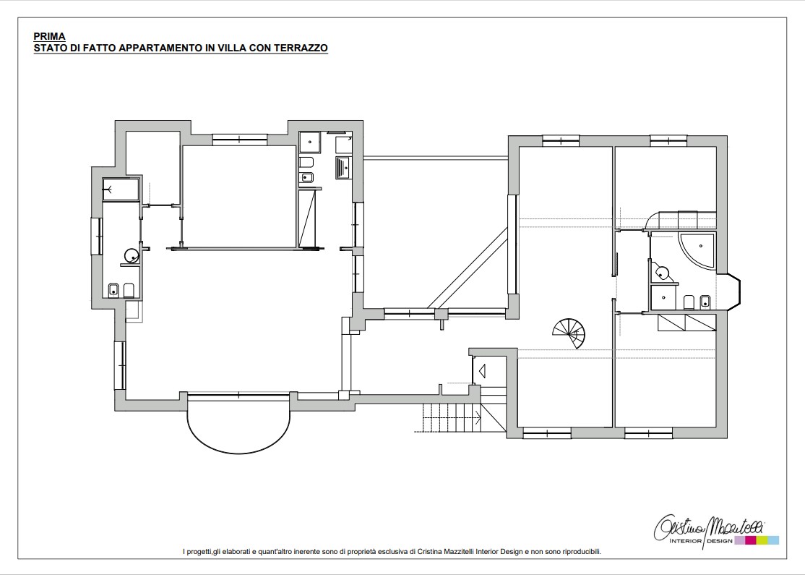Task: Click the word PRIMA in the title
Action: pos(49,36)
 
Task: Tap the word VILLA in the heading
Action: pos(231,48)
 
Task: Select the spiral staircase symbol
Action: pos(569,333)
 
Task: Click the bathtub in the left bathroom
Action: pos(121,189)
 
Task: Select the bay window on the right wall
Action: pos(733,292)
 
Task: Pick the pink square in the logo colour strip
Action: pos(750,540)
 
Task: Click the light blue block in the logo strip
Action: pos(773,540)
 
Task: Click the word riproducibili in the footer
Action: pos(582,552)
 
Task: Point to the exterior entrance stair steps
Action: pos(447,417)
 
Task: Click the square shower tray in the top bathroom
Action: pos(309,142)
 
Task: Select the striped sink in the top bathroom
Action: pos(343,168)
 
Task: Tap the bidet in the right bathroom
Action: pos(705,302)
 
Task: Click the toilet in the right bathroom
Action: pos(689,302)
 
